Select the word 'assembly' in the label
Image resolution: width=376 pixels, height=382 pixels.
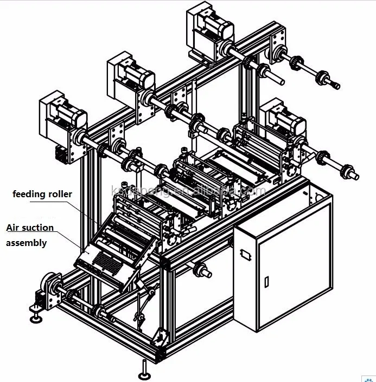coord(26,243)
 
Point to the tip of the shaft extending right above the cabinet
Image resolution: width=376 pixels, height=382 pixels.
coord(355,176)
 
